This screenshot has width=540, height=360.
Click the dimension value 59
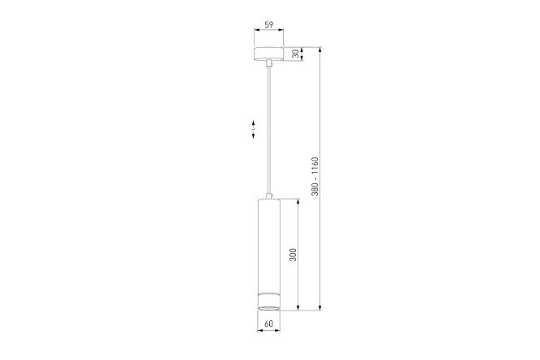coord(269,25)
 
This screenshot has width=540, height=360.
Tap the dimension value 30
coord(295,54)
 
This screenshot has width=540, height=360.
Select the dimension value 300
coord(293,255)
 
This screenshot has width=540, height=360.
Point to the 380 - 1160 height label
coord(315,177)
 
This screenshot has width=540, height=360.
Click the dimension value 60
coord(269,324)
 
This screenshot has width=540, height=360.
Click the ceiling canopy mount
coord(268,54)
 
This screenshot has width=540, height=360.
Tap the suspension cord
coord(268,130)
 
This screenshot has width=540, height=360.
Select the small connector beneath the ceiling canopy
coord(269,63)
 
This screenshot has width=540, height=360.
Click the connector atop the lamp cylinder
coord(269,196)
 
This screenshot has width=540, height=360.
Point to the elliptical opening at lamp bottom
coord(269,307)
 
